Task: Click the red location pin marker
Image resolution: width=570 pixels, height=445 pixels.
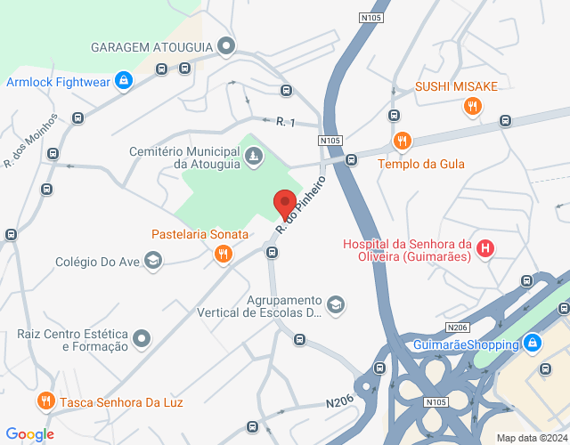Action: click(284, 204)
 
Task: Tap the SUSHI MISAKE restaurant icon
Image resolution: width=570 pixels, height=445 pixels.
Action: click(472, 108)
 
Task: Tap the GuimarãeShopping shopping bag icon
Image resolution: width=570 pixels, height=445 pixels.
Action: click(532, 343)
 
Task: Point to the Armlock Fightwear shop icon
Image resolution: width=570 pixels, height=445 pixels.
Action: click(124, 81)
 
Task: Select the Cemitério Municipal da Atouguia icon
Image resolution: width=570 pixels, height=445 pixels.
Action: click(254, 158)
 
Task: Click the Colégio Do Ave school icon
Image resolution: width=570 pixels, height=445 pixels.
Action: click(152, 261)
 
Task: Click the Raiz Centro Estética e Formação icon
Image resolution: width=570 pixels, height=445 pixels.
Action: click(142, 338)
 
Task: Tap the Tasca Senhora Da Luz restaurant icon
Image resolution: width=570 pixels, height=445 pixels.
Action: click(47, 402)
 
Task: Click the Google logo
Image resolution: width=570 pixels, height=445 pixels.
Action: click(30, 434)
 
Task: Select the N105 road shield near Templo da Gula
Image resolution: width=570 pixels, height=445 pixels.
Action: click(330, 141)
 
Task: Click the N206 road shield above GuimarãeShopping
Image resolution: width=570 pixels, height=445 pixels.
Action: click(458, 328)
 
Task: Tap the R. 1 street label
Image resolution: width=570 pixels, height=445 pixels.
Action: click(285, 122)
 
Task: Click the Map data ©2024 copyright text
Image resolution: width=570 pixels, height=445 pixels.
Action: click(532, 438)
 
